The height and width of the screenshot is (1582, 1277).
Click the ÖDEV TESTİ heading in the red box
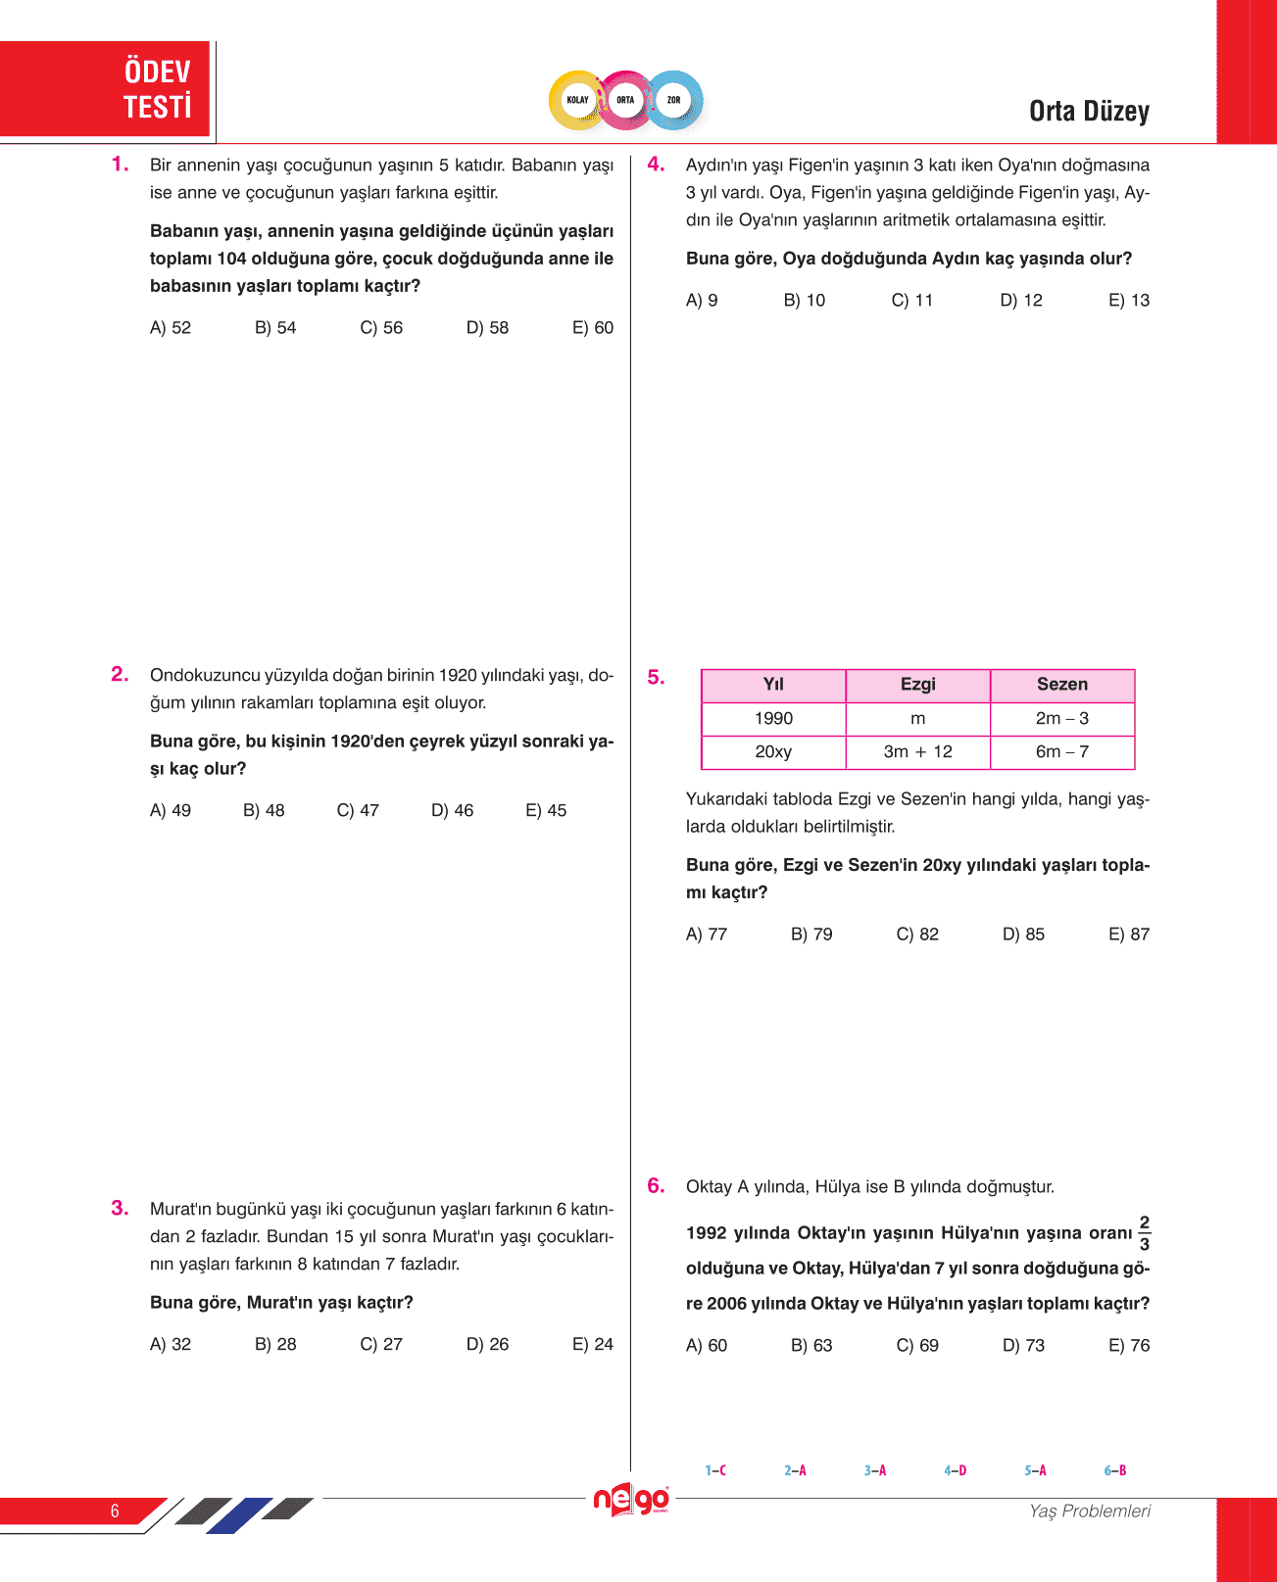(x=157, y=89)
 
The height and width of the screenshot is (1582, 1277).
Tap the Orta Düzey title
(x=1088, y=112)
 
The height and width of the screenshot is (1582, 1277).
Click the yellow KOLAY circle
(x=577, y=100)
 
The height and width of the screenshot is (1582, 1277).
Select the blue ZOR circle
(x=673, y=100)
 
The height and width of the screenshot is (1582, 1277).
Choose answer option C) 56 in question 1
(x=381, y=328)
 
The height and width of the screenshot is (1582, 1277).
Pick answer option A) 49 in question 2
(x=171, y=811)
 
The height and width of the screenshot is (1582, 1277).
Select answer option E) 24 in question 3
(x=592, y=1345)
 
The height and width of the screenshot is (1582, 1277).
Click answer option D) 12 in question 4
(x=1020, y=301)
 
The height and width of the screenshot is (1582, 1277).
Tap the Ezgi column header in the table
(x=917, y=685)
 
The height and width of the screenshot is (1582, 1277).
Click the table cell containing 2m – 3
(x=1061, y=719)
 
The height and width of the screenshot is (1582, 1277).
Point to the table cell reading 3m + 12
(x=917, y=752)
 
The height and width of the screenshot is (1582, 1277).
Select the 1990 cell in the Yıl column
(x=773, y=719)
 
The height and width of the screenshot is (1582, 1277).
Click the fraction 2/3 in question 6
(x=1144, y=1233)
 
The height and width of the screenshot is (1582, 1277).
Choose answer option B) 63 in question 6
(x=811, y=1346)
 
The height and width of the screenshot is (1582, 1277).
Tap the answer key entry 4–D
(x=955, y=1470)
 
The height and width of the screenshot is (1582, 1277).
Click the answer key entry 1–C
(x=715, y=1470)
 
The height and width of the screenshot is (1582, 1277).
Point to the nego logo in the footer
(x=631, y=1500)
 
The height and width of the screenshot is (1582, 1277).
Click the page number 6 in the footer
(x=115, y=1511)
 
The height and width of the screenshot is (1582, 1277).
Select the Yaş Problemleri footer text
(x=1089, y=1511)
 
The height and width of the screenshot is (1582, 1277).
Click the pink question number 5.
(x=656, y=677)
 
